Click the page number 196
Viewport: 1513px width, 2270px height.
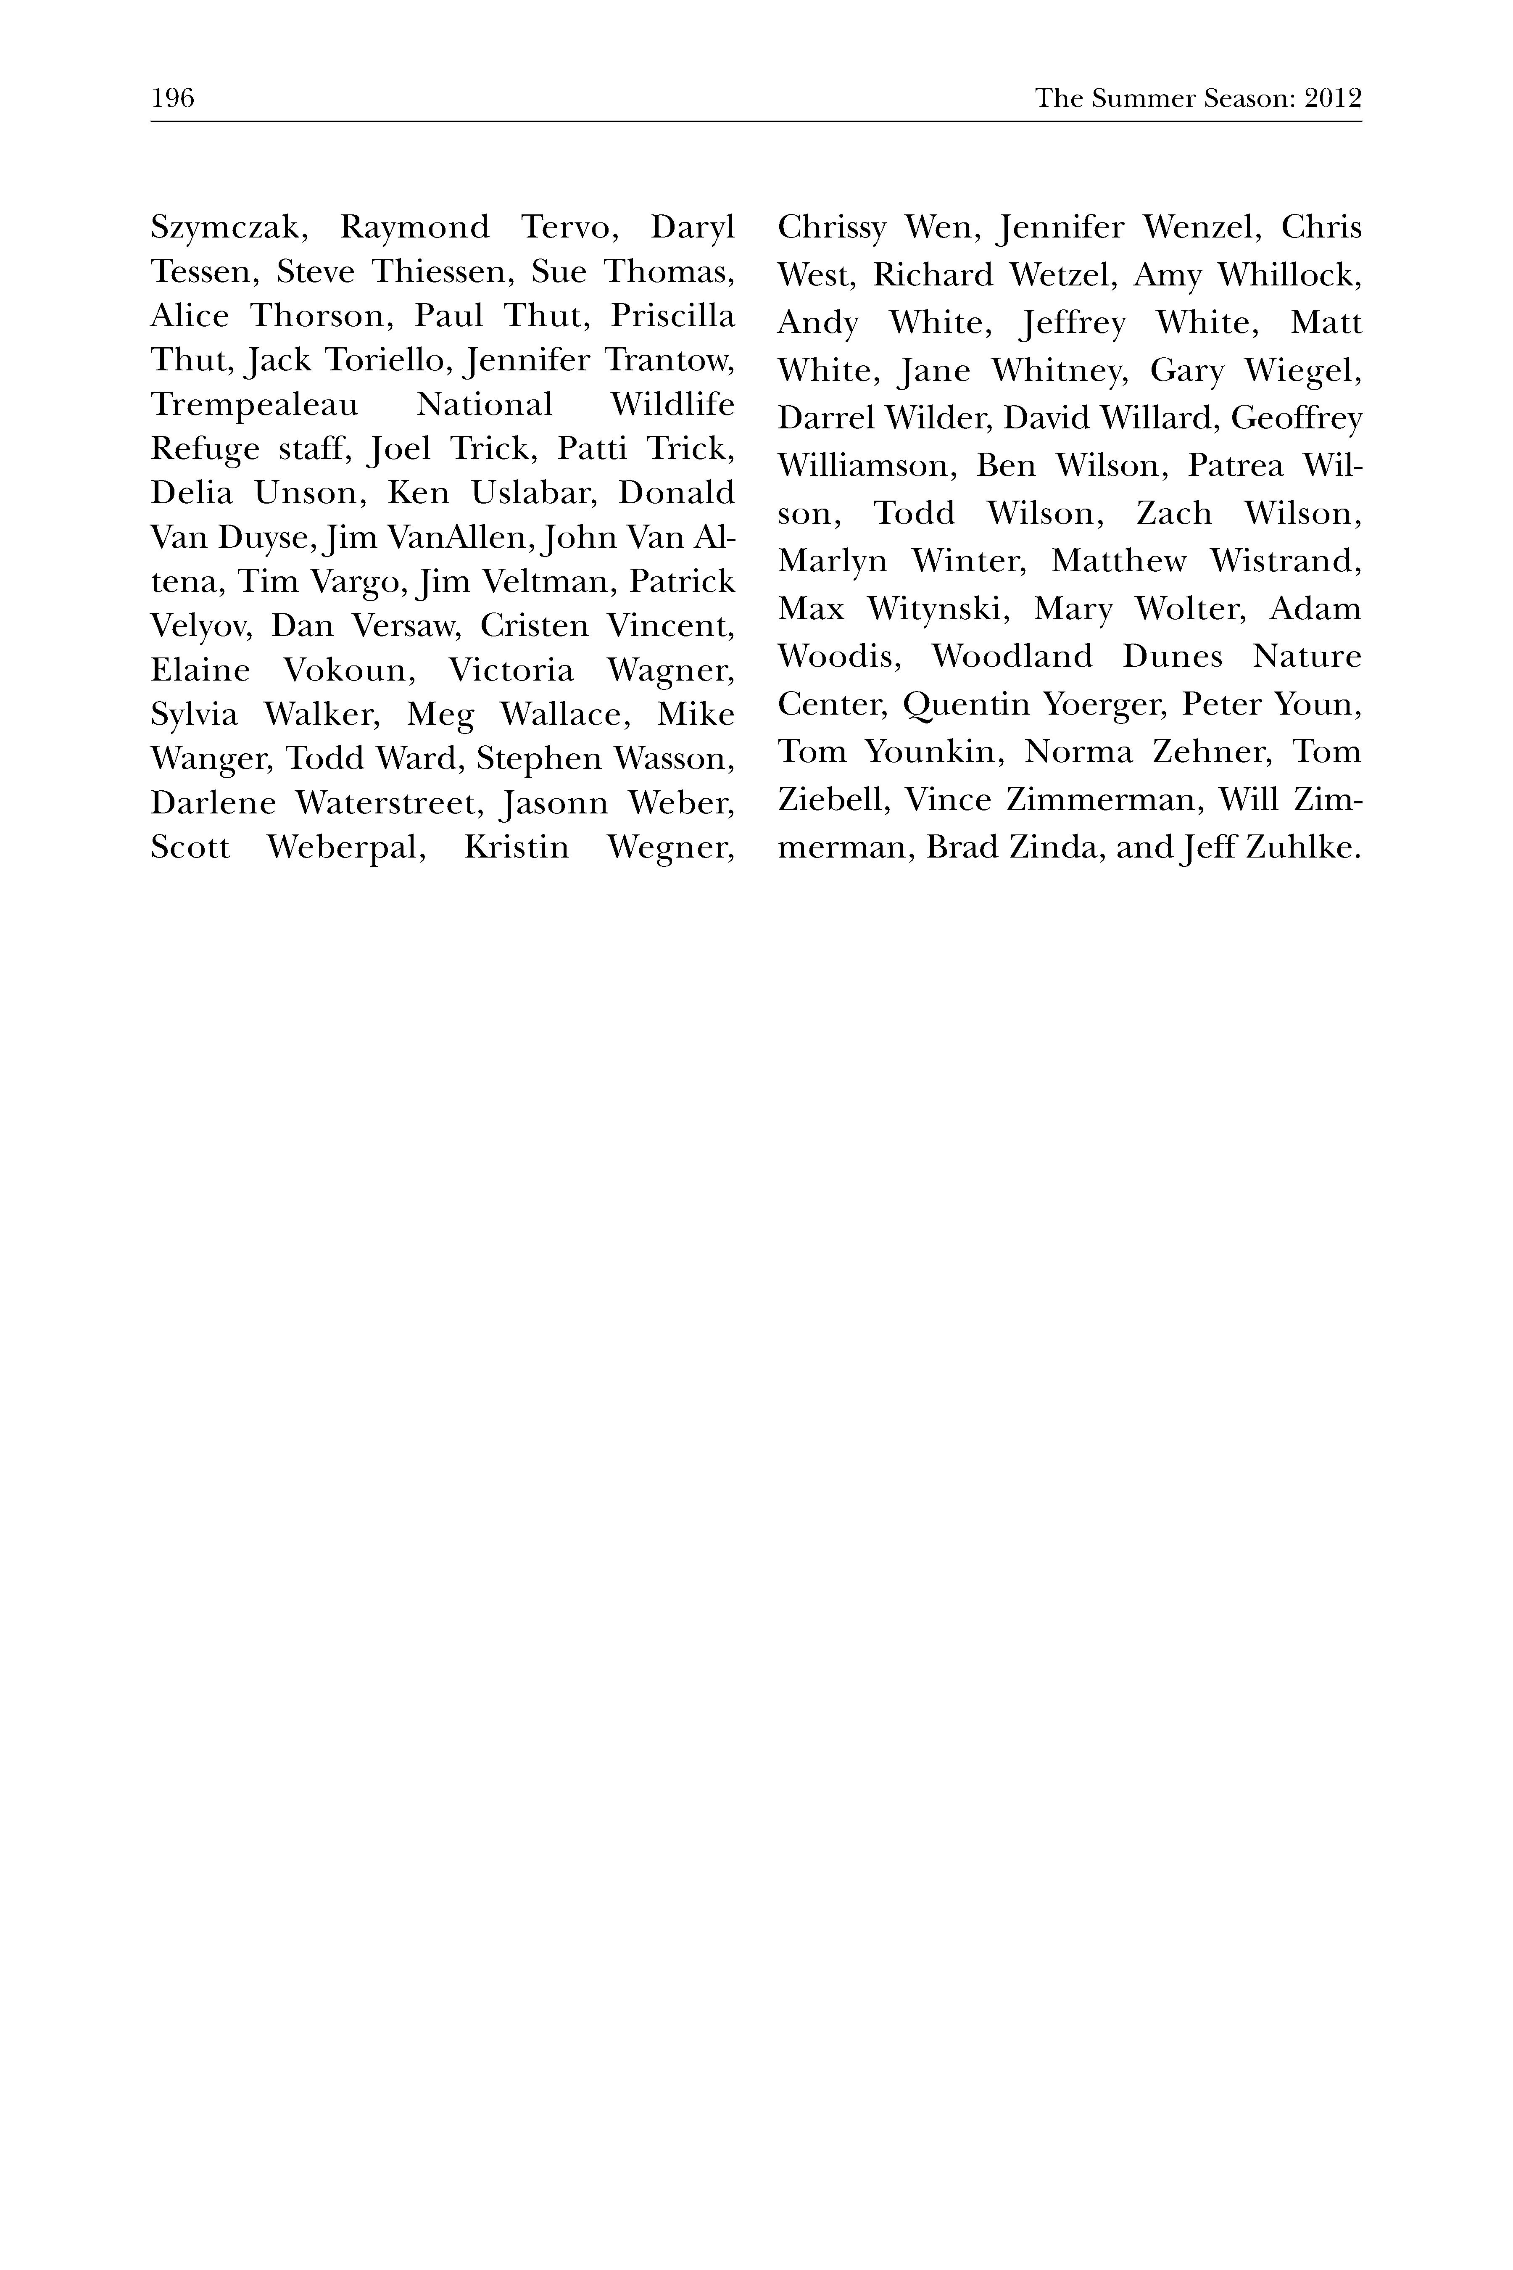pos(173,98)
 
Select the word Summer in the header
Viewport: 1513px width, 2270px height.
pos(1135,98)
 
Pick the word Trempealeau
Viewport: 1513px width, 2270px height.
pos(254,405)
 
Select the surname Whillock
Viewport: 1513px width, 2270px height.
pos(1289,276)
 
